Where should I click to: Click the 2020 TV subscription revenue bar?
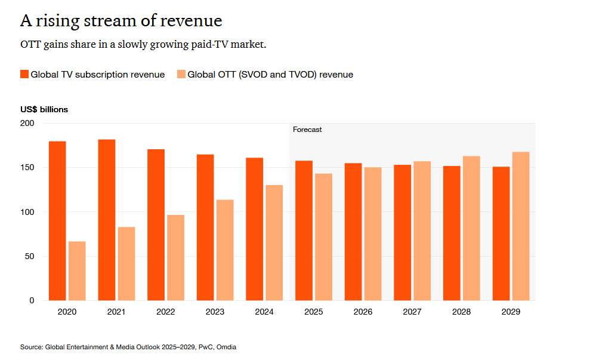57,221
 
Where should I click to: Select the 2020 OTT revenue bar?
77,271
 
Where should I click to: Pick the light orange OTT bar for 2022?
175,257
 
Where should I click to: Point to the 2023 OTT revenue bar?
225,250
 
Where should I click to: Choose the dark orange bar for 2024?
255,229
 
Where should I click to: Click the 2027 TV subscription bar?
403,233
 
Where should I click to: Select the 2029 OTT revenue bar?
521,226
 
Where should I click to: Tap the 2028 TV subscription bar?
452,233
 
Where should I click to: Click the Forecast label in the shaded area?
307,130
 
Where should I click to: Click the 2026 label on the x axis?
363,312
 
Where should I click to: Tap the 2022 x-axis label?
165,312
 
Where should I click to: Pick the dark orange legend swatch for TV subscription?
24,75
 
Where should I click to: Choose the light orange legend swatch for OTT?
181,75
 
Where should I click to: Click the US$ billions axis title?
44,110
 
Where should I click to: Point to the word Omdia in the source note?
226,347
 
